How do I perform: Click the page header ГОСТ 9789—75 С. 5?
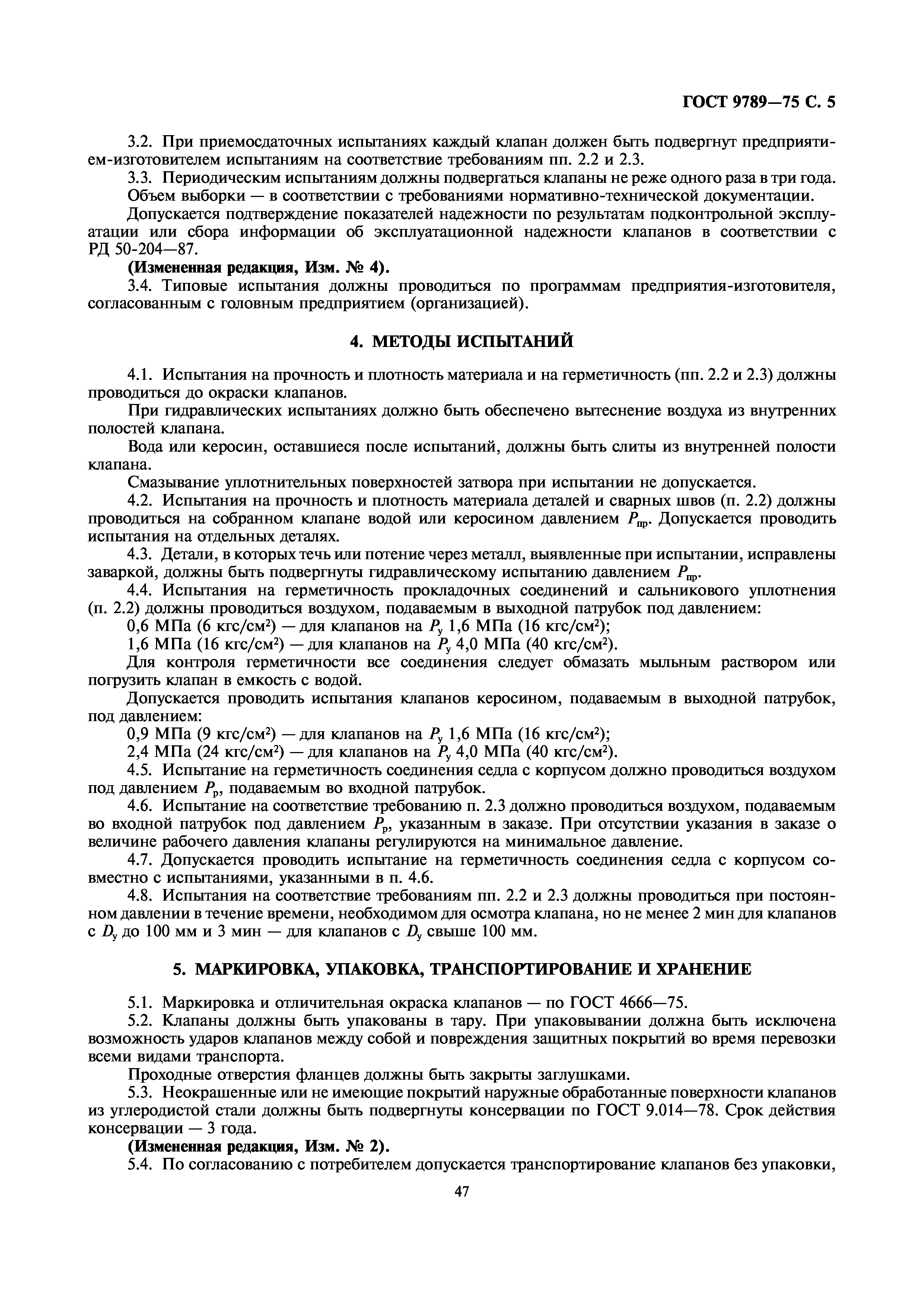(759, 102)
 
